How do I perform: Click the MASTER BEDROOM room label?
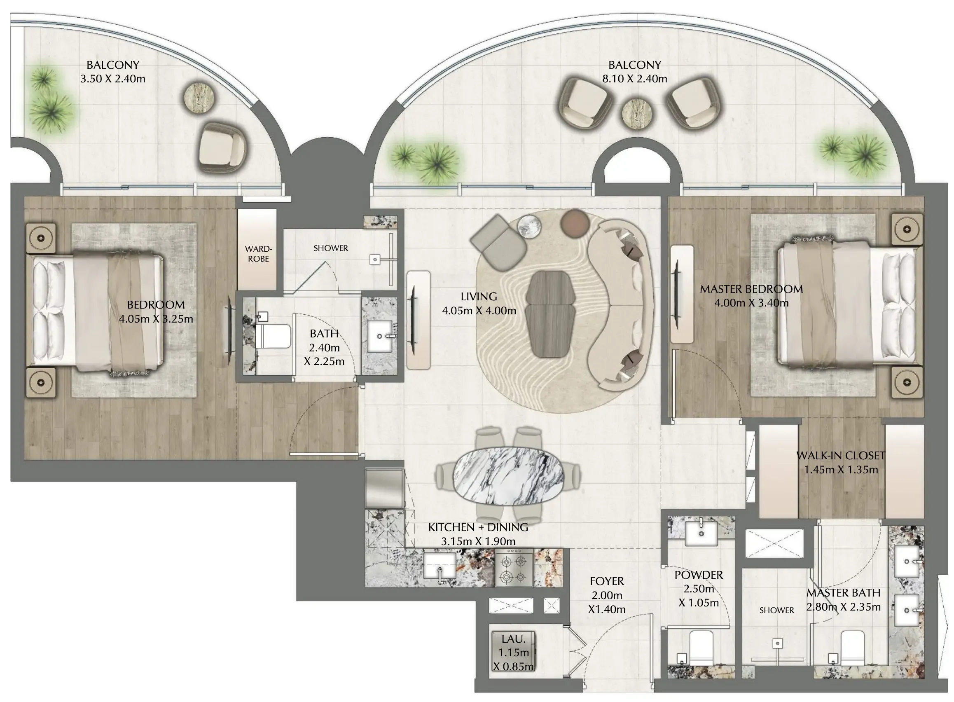[x=751, y=289]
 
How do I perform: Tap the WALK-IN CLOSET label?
[x=841, y=456]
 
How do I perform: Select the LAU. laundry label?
[x=513, y=639]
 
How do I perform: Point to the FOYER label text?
[x=607, y=581]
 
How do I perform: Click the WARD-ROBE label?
[x=258, y=254]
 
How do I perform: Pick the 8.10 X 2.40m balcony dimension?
[x=635, y=79]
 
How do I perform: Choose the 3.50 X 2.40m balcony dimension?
[x=113, y=79]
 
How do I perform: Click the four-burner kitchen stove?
[x=514, y=568]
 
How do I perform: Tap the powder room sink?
[x=701, y=531]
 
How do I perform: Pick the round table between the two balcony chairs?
[x=638, y=113]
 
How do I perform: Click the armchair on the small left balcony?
[x=223, y=147]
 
